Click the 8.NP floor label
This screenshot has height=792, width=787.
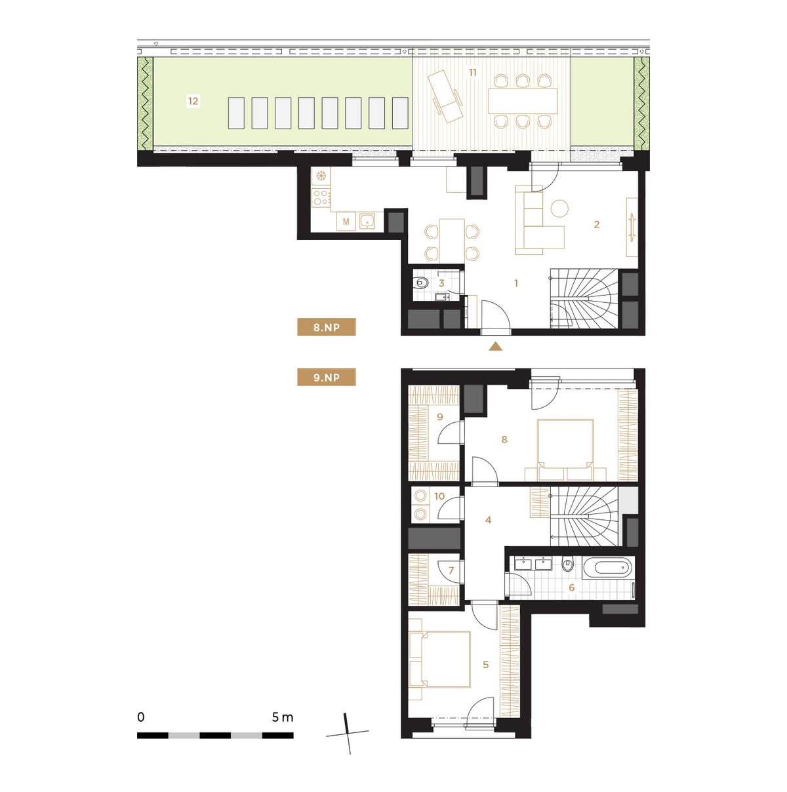pyautogui.click(x=326, y=327)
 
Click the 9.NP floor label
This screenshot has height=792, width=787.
pyautogui.click(x=326, y=377)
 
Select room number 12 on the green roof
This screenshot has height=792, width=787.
pyautogui.click(x=193, y=101)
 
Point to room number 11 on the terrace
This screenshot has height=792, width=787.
pyautogui.click(x=472, y=73)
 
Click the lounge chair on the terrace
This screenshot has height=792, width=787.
pyautogui.click(x=445, y=96)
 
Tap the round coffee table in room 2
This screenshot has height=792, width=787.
pyautogui.click(x=559, y=208)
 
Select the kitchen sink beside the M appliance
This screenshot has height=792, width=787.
pyautogui.click(x=367, y=221)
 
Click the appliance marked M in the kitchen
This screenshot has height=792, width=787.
pyautogui.click(x=346, y=222)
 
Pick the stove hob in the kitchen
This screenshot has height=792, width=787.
pyautogui.click(x=321, y=197)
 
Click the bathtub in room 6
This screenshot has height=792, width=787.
pyautogui.click(x=609, y=568)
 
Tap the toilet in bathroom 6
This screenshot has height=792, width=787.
pyautogui.click(x=567, y=564)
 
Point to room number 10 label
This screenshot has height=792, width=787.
pyautogui.click(x=439, y=496)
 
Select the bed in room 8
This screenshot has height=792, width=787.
pyautogui.click(x=565, y=450)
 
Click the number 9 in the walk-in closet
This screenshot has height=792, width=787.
pyautogui.click(x=440, y=417)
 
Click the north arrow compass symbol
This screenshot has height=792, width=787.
pyautogui.click(x=348, y=733)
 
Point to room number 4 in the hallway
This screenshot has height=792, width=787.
pyautogui.click(x=488, y=520)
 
